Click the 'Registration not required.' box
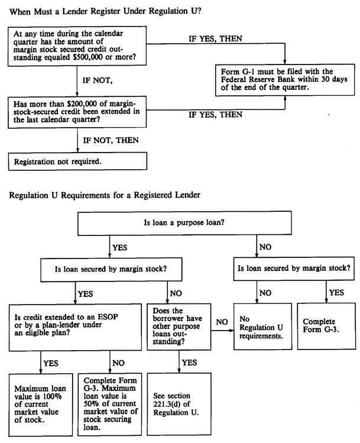click(x=79, y=160)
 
